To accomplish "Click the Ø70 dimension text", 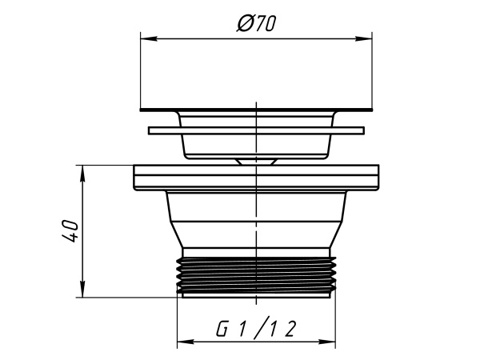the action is click(257, 23).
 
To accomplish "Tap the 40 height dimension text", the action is click(70, 230).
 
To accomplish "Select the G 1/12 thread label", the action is click(256, 329).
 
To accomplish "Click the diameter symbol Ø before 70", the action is click(246, 23).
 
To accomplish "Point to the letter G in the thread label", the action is click(222, 329).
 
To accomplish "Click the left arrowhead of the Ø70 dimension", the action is click(149, 39).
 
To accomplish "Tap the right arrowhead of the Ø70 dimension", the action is click(364, 39).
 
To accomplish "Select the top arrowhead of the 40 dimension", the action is click(82, 174).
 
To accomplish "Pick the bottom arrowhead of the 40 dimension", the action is click(82, 289).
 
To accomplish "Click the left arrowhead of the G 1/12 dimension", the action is click(186, 342).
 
